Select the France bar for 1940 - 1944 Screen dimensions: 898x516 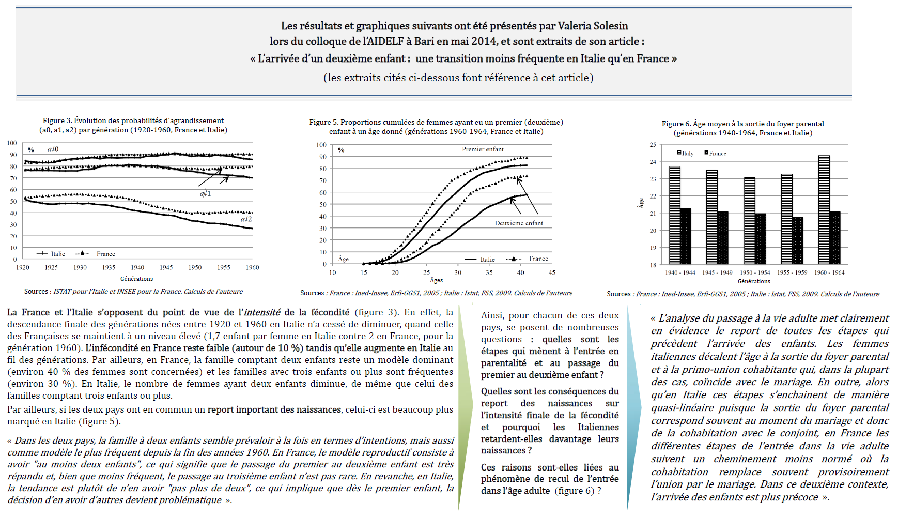[686, 237]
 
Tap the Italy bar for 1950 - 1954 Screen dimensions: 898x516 [749, 221]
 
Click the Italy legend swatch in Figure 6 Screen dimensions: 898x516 [679, 153]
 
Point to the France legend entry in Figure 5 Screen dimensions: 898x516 [528, 259]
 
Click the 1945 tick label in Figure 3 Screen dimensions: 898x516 [166, 267]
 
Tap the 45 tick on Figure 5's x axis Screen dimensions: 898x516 [552, 272]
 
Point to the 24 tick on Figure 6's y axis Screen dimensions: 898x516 [653, 162]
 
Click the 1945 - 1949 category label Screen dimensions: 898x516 [717, 272]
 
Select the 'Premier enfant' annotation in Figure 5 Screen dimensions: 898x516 [483, 149]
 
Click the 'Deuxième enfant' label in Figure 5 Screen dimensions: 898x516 [519, 223]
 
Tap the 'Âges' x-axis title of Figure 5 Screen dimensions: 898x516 [437, 280]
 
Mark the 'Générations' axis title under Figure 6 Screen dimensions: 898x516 [754, 281]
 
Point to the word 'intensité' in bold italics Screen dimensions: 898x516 [262, 312]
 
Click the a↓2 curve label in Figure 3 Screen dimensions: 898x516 [246, 219]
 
